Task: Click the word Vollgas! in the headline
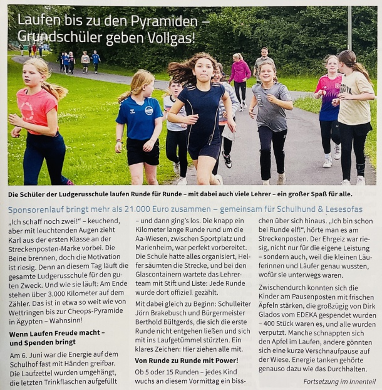(168, 38)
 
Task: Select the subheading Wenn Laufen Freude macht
(57, 334)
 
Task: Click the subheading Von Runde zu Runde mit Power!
(186, 361)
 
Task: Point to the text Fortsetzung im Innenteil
(339, 381)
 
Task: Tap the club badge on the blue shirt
(149, 110)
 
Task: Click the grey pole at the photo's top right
(349, 28)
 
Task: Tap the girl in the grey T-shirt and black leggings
(271, 119)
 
